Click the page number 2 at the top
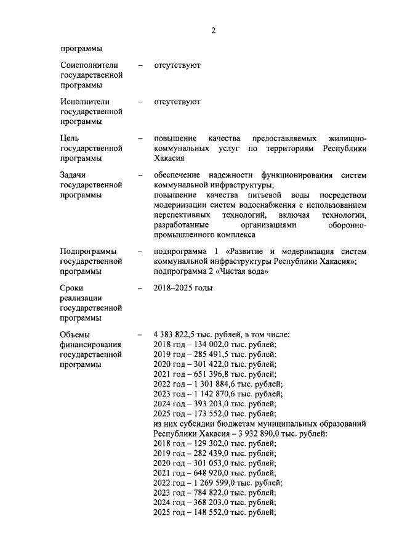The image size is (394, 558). (213, 31)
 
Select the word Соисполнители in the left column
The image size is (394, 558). (89, 65)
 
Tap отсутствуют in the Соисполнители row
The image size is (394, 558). (177, 65)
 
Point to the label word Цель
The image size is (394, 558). (70, 138)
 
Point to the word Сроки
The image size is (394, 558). (72, 288)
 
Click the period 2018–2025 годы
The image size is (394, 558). (183, 288)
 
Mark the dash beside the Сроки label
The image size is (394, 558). (140, 288)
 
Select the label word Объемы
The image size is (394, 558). (76, 335)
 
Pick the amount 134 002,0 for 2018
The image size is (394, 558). (210, 345)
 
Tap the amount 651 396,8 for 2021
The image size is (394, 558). (210, 374)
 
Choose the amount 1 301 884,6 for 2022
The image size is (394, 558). (213, 384)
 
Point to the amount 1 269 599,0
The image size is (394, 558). (213, 483)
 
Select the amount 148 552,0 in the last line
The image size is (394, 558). (210, 512)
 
